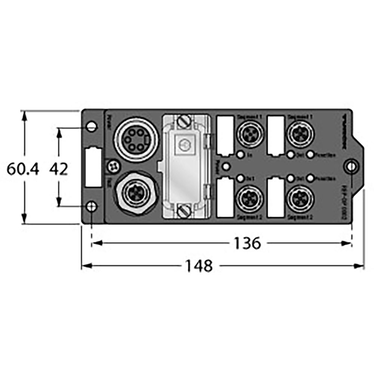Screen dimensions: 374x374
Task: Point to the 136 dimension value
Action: [247, 244]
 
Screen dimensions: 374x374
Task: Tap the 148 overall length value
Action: [199, 266]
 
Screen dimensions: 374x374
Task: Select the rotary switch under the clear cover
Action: [183, 144]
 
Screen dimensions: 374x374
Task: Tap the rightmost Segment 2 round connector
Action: [298, 198]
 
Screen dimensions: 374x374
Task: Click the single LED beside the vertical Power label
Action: [226, 166]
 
